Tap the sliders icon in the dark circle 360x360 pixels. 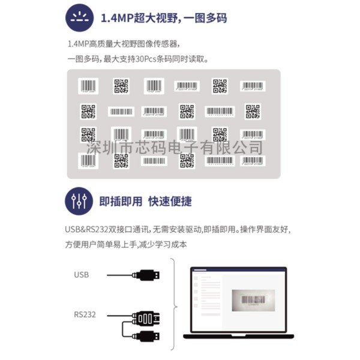pyautogui.click(x=79, y=201)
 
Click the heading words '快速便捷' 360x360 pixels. pyautogui.click(x=171, y=201)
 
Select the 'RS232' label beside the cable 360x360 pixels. pyautogui.click(x=85, y=314)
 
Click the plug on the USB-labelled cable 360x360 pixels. pyautogui.click(x=147, y=275)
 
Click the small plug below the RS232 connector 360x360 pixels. pyautogui.click(x=147, y=337)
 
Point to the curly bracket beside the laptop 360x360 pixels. pyautogui.click(x=174, y=305)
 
